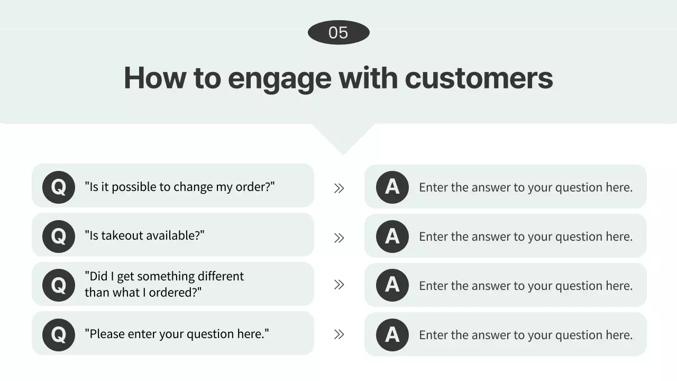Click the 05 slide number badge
[338, 32]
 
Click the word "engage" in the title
[280, 79]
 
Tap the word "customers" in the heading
[479, 78]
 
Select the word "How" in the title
[155, 78]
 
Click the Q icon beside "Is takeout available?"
[59, 237]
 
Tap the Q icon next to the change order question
[59, 187]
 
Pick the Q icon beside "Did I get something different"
[59, 285]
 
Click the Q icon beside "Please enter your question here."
[59, 335]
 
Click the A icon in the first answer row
[392, 187]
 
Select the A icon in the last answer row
[392, 335]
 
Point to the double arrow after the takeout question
[339, 238]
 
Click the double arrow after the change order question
[339, 188]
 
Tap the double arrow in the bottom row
[339, 334]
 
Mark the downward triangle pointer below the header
[343, 139]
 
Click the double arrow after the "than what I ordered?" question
[339, 285]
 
